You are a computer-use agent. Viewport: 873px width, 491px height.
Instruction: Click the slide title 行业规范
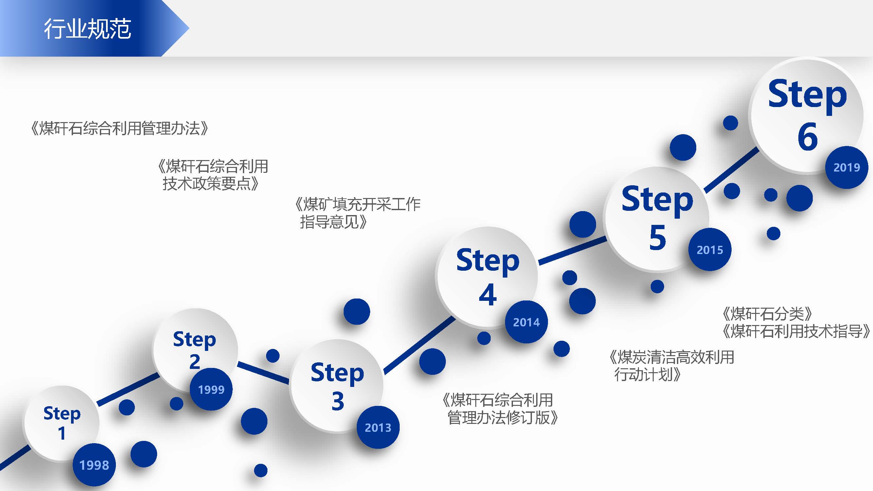click(x=87, y=28)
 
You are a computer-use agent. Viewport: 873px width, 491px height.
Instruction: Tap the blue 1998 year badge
click(x=94, y=464)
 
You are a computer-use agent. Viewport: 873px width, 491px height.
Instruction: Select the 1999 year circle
click(x=211, y=389)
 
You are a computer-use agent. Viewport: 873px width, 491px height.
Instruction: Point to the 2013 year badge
click(x=378, y=427)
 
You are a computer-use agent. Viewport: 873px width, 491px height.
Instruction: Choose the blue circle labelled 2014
click(x=526, y=322)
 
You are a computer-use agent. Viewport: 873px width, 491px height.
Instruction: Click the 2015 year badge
click(x=710, y=250)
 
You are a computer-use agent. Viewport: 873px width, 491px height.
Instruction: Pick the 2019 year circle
click(x=846, y=167)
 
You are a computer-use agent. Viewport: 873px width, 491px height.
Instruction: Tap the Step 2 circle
click(x=195, y=350)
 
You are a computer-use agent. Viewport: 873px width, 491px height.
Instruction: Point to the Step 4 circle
click(x=487, y=277)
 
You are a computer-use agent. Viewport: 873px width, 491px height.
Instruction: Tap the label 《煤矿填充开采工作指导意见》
click(x=357, y=213)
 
